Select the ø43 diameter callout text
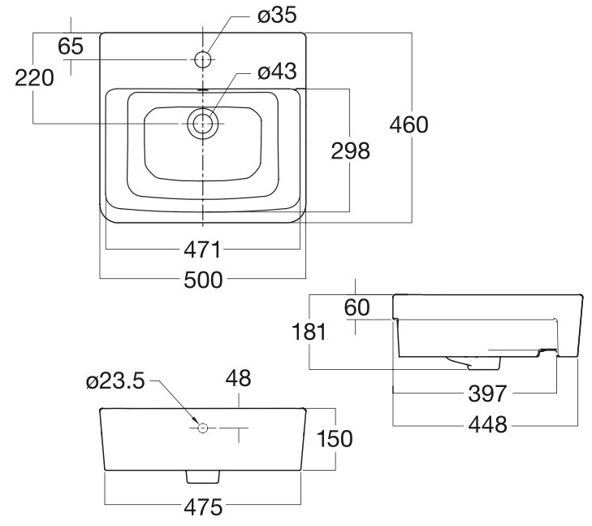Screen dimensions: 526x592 276,72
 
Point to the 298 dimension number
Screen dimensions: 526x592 349,150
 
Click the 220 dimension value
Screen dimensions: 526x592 33,78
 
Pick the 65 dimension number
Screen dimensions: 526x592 71,46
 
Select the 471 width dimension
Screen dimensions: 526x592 202,248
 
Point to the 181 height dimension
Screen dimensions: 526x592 309,332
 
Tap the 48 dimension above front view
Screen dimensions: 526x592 239,378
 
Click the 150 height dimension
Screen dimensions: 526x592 333,439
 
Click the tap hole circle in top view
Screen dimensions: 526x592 202,59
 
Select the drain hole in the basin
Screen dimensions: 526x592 202,124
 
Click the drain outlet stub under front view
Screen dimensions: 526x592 202,476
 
